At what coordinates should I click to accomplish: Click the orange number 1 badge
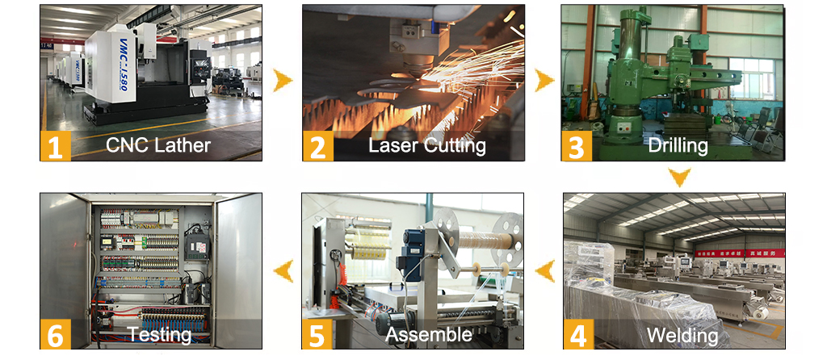(56, 146)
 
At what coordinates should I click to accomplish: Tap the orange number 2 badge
(317, 146)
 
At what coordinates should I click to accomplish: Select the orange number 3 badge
(576, 146)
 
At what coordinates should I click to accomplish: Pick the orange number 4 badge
(578, 333)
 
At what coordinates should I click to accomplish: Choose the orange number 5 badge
(317, 333)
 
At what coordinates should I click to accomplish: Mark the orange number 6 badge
(56, 333)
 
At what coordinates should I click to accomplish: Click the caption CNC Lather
(158, 145)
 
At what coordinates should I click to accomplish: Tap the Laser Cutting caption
(426, 146)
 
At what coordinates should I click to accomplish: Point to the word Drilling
(678, 146)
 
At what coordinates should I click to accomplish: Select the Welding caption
(682, 335)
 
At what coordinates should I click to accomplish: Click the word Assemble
(428, 334)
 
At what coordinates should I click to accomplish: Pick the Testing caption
(160, 335)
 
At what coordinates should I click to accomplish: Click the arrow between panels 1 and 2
(283, 81)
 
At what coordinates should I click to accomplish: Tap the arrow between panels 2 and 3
(544, 81)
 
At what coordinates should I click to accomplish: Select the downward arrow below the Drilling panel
(679, 177)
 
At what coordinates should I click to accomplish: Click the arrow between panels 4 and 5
(545, 271)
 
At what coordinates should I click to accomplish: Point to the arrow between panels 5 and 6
(283, 271)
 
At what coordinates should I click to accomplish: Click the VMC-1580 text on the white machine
(117, 63)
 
